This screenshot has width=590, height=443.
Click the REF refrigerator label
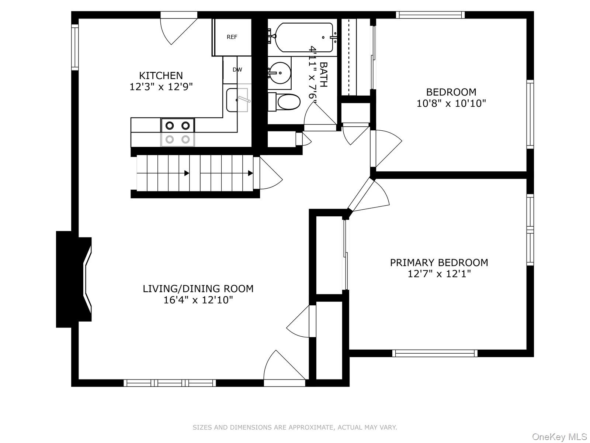(232, 37)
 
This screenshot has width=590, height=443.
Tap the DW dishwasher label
(237, 69)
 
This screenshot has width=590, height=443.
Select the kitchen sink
(237, 100)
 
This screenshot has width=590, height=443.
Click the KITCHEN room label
(161, 76)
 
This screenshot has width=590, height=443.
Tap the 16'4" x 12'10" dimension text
(198, 300)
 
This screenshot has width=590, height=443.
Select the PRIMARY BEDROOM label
(439, 262)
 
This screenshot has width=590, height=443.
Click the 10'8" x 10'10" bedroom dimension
(451, 103)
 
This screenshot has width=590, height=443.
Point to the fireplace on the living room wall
(74, 279)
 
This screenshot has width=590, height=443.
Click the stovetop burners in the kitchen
(177, 132)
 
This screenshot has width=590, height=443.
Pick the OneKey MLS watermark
(559, 437)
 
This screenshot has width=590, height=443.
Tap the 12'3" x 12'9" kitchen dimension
(161, 87)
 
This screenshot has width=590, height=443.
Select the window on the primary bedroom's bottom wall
(435, 353)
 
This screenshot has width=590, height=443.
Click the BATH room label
(323, 74)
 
